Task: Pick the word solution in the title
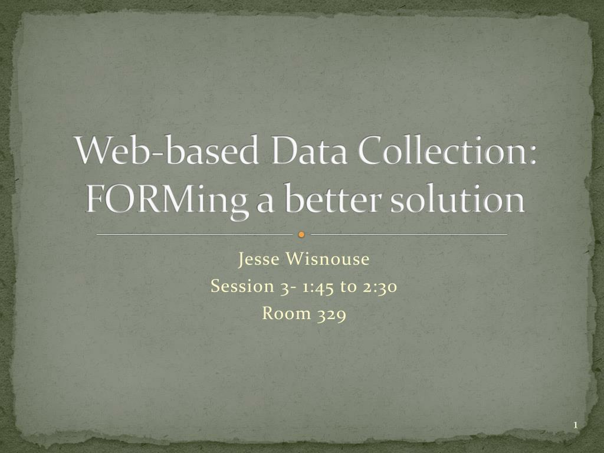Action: (472, 199)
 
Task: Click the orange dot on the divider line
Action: (301, 235)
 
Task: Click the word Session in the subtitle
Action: (239, 286)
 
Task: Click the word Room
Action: (287, 313)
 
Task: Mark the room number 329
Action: (331, 314)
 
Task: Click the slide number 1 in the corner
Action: (575, 426)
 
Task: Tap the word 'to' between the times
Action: (348, 287)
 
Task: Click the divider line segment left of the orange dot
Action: (195, 235)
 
